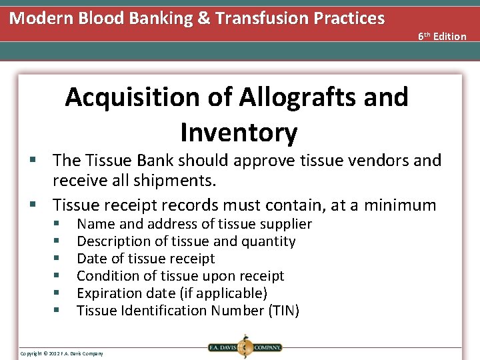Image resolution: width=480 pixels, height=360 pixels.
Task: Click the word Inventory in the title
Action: pos(238,133)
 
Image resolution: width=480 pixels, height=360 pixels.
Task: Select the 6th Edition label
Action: pos(442,36)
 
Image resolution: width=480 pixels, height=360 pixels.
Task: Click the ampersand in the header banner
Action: pos(203,18)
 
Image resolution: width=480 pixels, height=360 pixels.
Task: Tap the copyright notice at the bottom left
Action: pos(62,353)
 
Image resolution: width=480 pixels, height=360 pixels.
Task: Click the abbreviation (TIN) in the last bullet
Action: pos(282,311)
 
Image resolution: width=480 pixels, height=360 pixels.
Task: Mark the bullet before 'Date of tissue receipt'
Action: pos(58,259)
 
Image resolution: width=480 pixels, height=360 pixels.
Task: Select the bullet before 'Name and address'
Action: pos(58,224)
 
